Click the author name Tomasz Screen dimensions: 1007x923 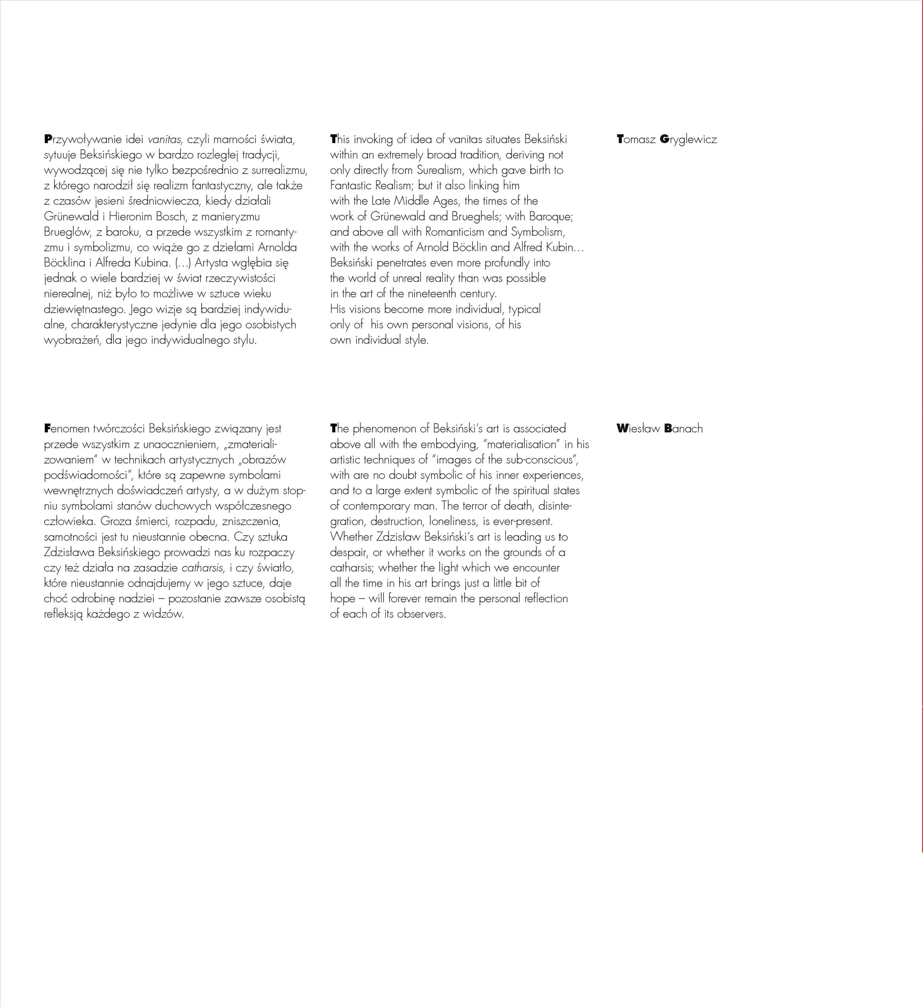pyautogui.click(x=636, y=139)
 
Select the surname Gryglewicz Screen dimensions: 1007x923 pyautogui.click(x=688, y=139)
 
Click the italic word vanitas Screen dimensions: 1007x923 pyautogui.click(x=164, y=139)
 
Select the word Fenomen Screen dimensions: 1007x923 pyautogui.click(x=66, y=429)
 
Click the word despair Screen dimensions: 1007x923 pyautogui.click(x=349, y=552)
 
